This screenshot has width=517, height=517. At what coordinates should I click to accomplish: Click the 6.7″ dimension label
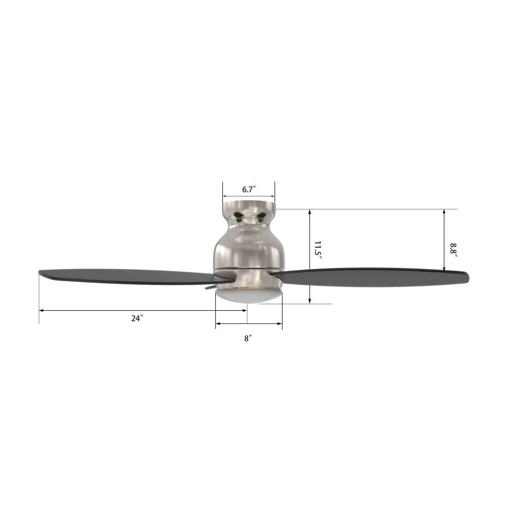tap(249, 189)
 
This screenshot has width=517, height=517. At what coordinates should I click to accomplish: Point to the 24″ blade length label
tap(137, 318)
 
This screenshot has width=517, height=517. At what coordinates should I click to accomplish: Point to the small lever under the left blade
tap(210, 287)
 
